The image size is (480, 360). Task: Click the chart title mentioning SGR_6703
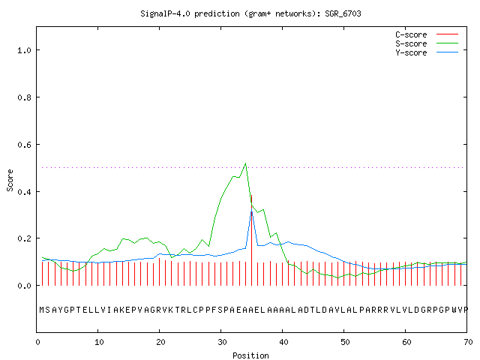coord(250,13)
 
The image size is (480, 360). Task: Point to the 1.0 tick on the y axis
coord(24,50)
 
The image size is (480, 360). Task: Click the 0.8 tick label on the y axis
coord(24,97)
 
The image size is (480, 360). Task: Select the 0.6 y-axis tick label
coord(24,145)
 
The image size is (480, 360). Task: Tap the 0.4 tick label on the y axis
coord(24,192)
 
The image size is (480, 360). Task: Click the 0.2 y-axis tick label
coord(24,238)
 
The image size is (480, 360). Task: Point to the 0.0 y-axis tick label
coord(24,286)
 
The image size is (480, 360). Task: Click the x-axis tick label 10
coord(98,342)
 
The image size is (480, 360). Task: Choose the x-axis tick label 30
coord(221,342)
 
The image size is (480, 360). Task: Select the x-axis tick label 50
coord(344,342)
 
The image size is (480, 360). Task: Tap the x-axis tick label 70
coord(467,342)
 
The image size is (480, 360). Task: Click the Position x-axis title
coord(250,355)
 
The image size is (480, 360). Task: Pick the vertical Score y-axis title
coord(10,180)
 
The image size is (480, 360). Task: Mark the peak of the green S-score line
coord(245,163)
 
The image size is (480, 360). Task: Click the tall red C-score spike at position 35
coord(252,240)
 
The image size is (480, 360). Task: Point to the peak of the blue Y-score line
coord(252,211)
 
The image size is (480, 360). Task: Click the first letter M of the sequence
coord(42,310)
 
